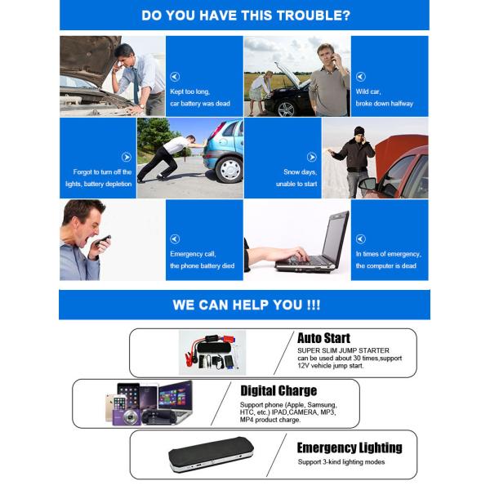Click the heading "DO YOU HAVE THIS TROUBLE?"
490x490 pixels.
click(x=246, y=16)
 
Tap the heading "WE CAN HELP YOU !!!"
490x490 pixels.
click(x=246, y=305)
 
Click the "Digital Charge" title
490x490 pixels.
click(x=278, y=390)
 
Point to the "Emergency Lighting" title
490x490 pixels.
click(x=349, y=448)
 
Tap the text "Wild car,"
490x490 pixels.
click(x=369, y=91)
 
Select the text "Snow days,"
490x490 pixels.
click(x=300, y=172)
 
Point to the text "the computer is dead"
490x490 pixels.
click(x=386, y=266)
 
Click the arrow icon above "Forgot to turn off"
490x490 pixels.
click(x=126, y=157)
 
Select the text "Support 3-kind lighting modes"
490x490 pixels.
click(x=341, y=462)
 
